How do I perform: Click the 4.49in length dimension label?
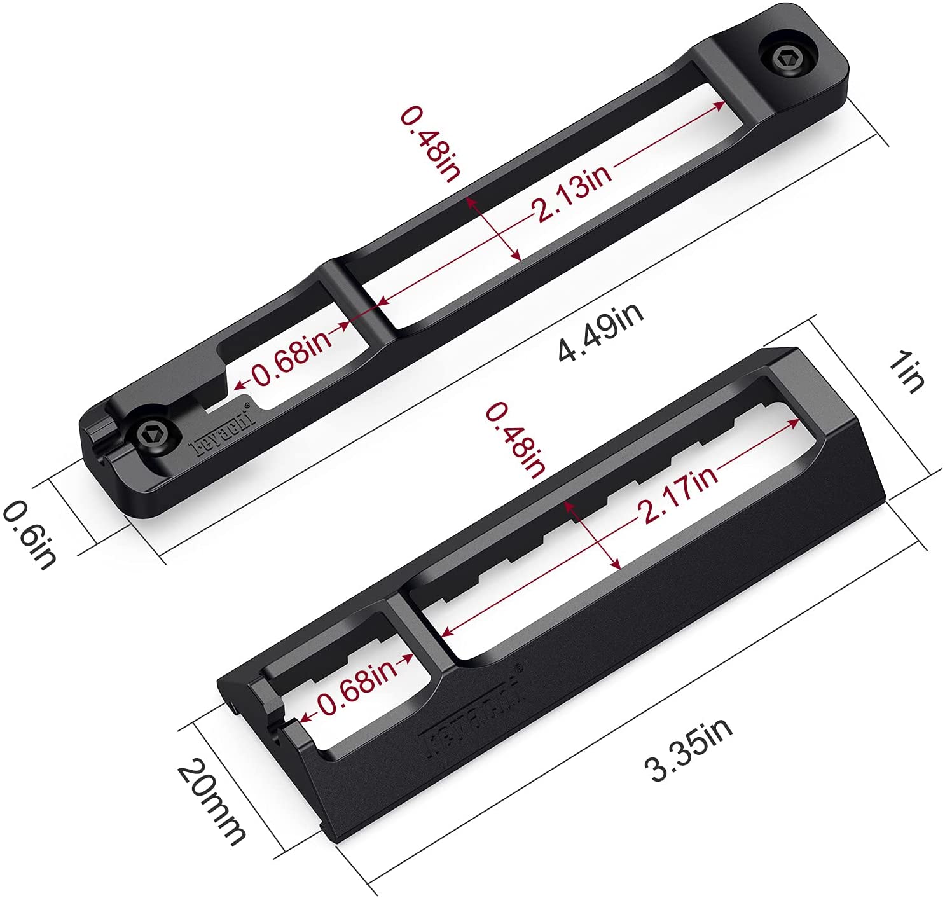pos(600,331)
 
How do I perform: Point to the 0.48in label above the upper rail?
pos(430,143)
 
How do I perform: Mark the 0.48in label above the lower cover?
pos(516,439)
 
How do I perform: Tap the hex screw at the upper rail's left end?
pos(154,435)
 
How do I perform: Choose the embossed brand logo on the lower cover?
pos(470,708)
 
